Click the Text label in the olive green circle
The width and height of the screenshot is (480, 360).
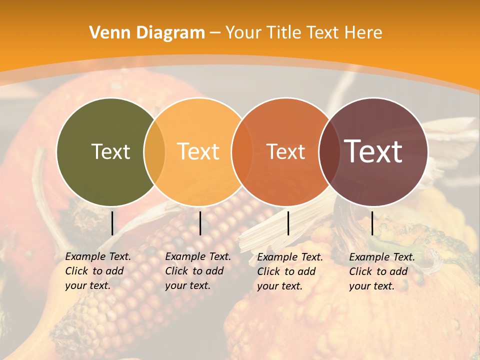(x=110, y=151)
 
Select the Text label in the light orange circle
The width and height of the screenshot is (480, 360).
(x=198, y=151)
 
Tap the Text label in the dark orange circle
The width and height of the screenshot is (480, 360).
(x=285, y=151)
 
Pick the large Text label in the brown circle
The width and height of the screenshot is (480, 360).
(x=373, y=151)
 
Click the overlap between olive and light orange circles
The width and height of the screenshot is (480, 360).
(x=154, y=151)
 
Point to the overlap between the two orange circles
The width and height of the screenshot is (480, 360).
(x=242, y=151)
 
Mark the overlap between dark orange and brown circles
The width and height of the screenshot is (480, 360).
(x=329, y=151)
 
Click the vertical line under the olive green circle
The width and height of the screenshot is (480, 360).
(x=112, y=223)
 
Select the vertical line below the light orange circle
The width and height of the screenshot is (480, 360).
(x=200, y=223)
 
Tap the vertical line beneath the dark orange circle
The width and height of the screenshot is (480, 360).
(x=288, y=223)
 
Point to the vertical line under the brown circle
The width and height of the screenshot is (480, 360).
(x=372, y=223)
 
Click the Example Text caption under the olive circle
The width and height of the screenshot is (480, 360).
(x=97, y=271)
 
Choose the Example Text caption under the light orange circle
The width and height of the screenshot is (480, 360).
(x=197, y=271)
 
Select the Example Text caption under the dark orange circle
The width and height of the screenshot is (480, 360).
(x=289, y=271)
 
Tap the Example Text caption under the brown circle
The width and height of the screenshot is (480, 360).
(x=381, y=271)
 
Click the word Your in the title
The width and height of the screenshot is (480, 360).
(x=244, y=33)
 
